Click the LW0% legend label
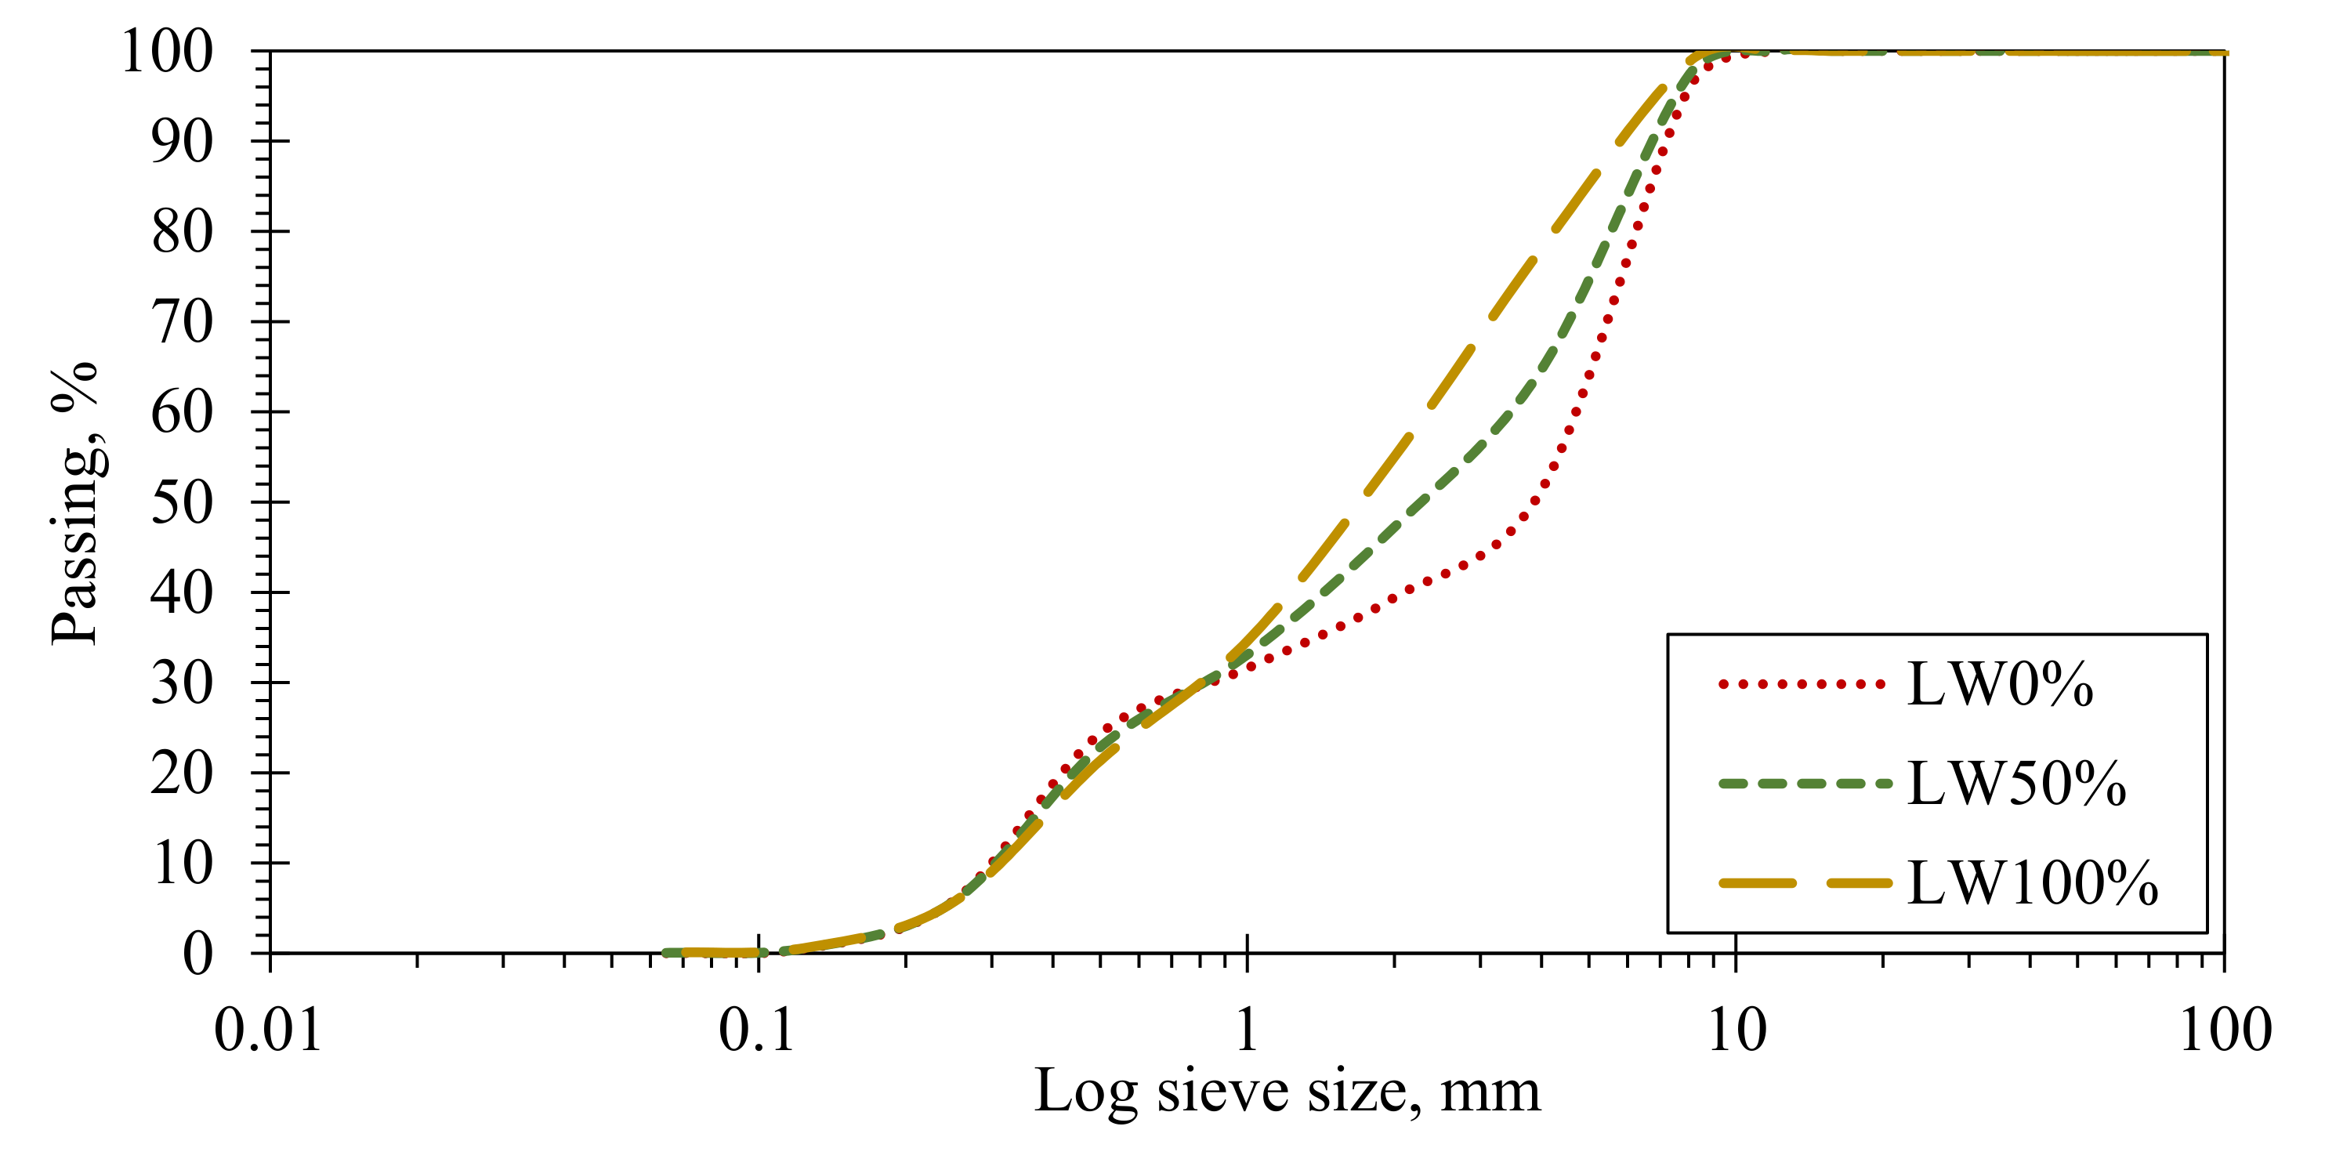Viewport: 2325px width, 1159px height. [2000, 685]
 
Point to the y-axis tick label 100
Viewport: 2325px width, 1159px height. [168, 52]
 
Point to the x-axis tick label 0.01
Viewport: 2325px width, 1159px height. [268, 1030]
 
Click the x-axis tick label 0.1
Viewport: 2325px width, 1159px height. [756, 1030]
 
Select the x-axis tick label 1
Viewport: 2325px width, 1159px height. [1247, 1030]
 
